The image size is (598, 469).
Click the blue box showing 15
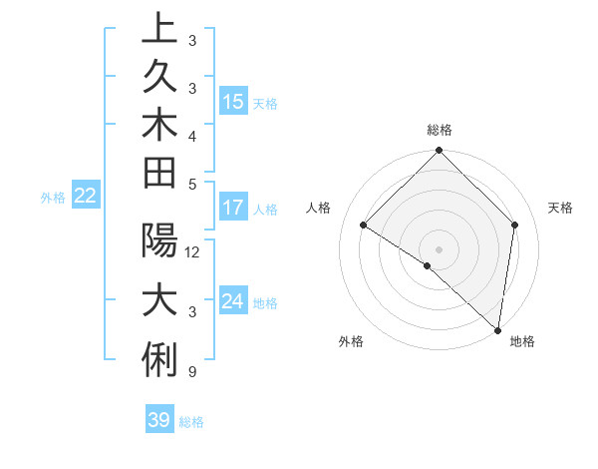(x=233, y=101)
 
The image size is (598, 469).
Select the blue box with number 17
(x=233, y=208)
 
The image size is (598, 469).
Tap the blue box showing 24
(x=233, y=301)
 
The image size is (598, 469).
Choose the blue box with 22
(x=85, y=196)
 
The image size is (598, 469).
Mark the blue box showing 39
(x=158, y=420)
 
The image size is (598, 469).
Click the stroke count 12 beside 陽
(x=193, y=252)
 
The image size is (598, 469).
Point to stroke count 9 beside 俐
(x=190, y=372)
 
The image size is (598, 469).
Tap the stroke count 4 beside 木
(x=191, y=135)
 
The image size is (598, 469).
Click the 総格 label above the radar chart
(x=439, y=131)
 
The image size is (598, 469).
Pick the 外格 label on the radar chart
(x=351, y=341)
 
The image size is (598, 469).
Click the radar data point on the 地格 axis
(x=496, y=329)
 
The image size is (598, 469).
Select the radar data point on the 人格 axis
(x=364, y=226)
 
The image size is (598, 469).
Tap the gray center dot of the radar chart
(x=439, y=248)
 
